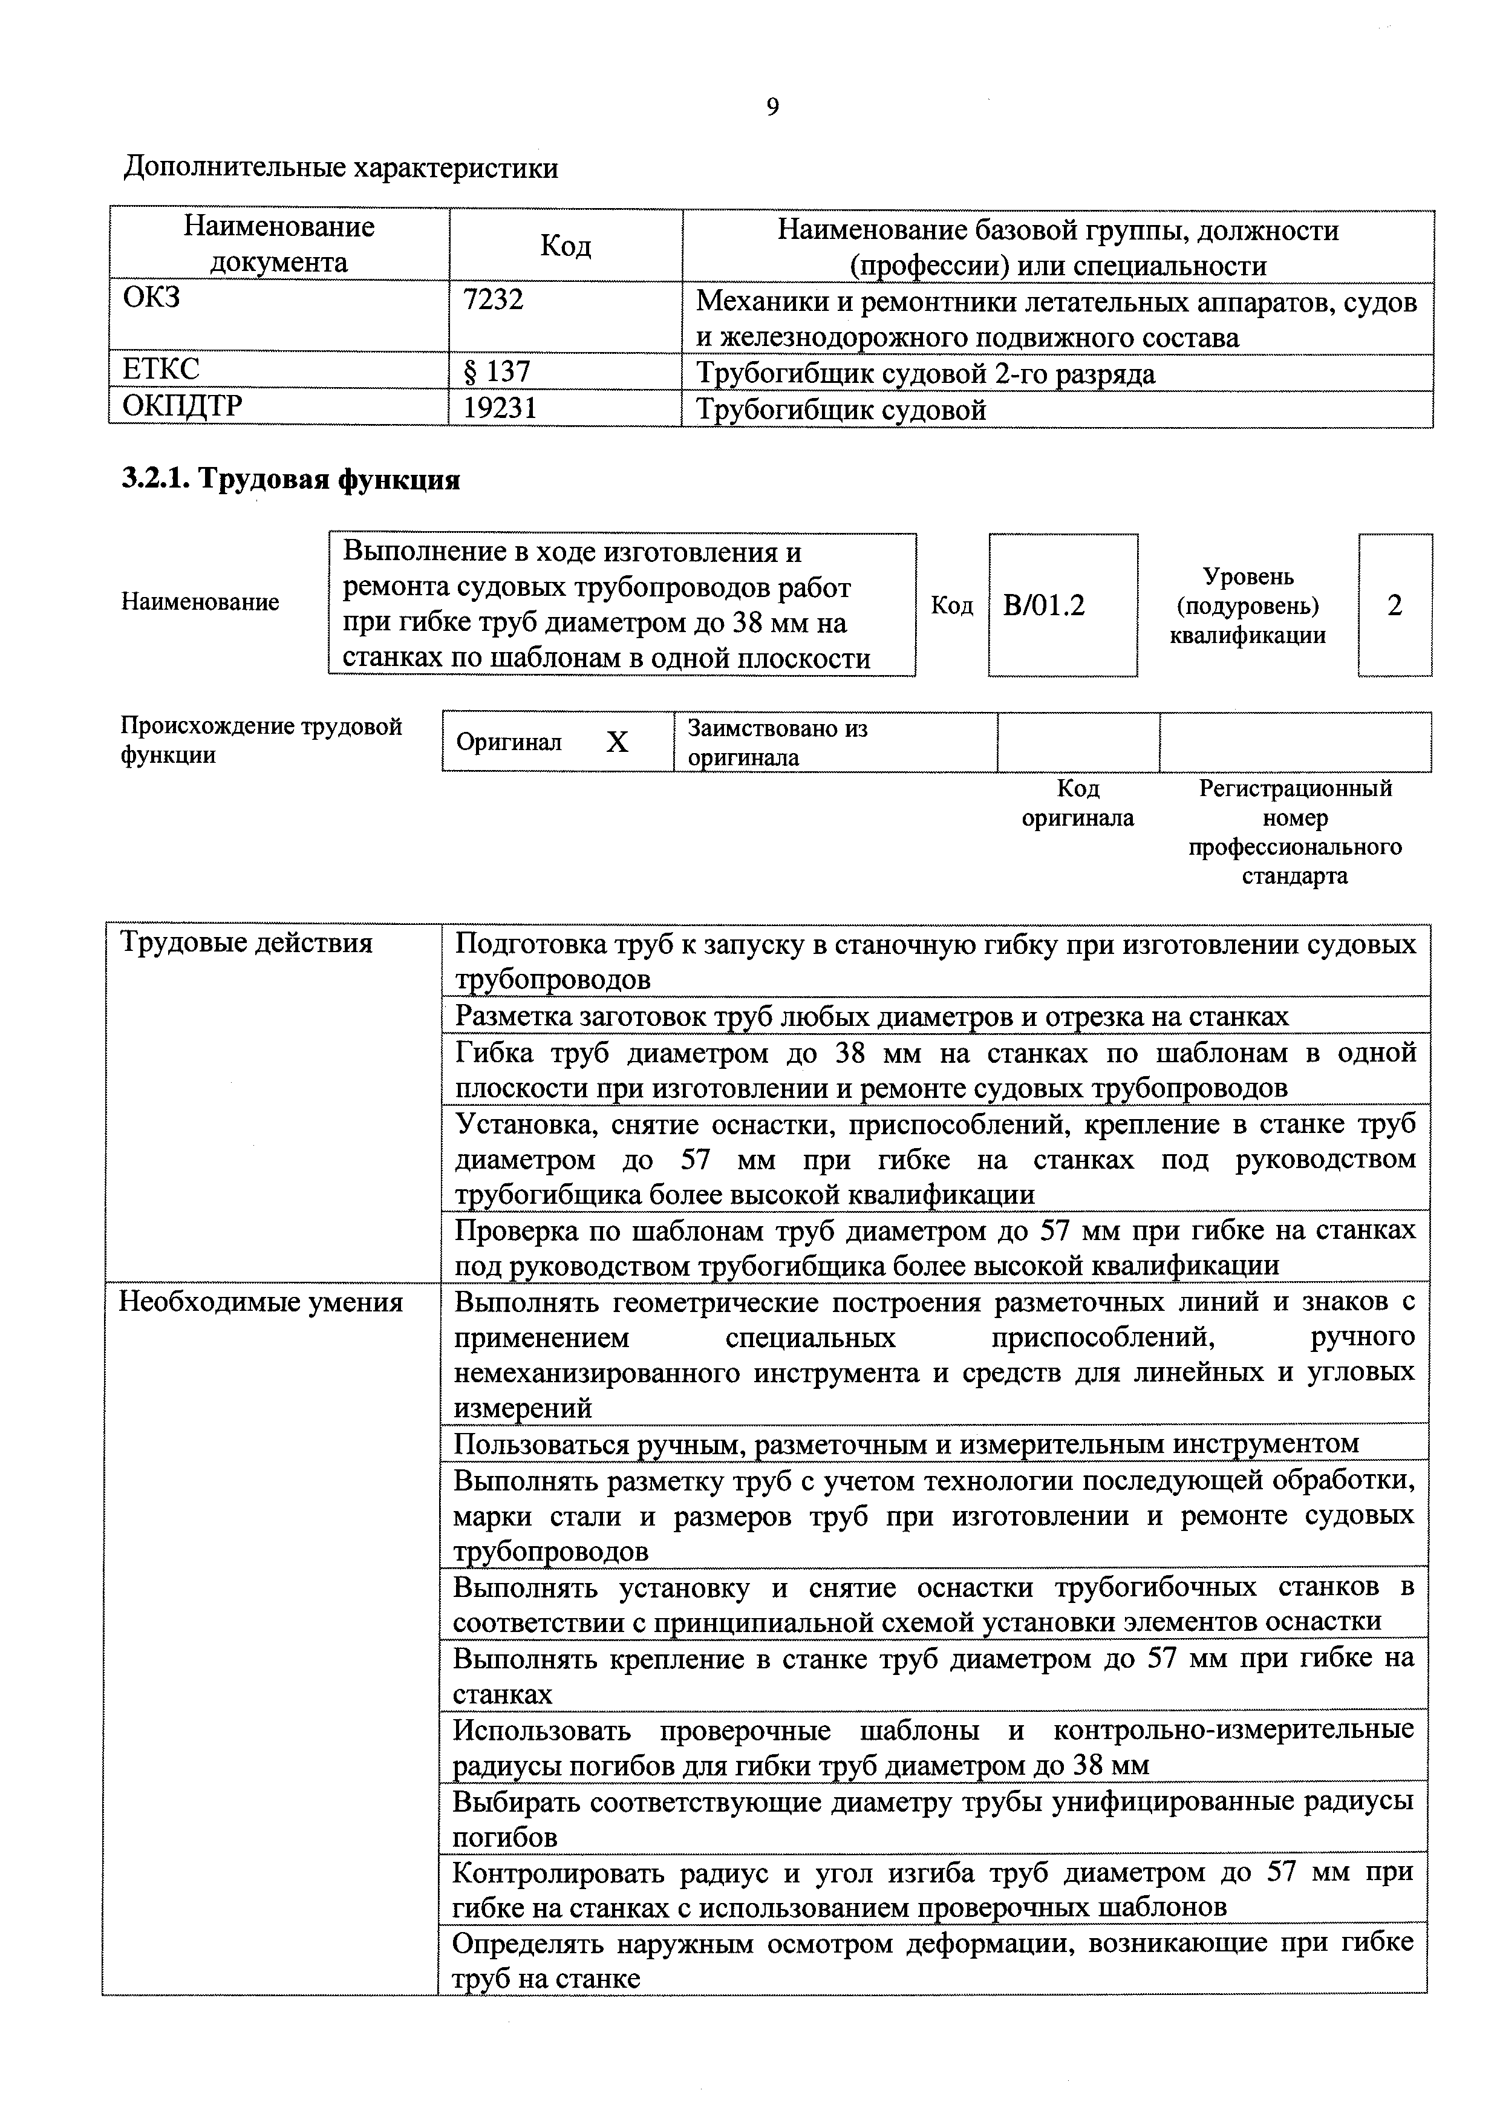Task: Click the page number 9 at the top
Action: (x=772, y=108)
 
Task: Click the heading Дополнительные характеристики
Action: (x=341, y=168)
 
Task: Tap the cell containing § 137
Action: (x=497, y=371)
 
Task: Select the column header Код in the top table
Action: (x=565, y=246)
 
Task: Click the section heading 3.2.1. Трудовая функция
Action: (x=291, y=480)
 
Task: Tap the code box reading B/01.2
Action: (x=1045, y=606)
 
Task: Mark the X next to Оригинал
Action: (x=616, y=742)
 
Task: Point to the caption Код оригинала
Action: (x=1078, y=803)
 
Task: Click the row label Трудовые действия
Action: (x=247, y=944)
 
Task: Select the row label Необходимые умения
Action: (x=261, y=1302)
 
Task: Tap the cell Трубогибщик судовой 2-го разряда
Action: (x=925, y=373)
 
